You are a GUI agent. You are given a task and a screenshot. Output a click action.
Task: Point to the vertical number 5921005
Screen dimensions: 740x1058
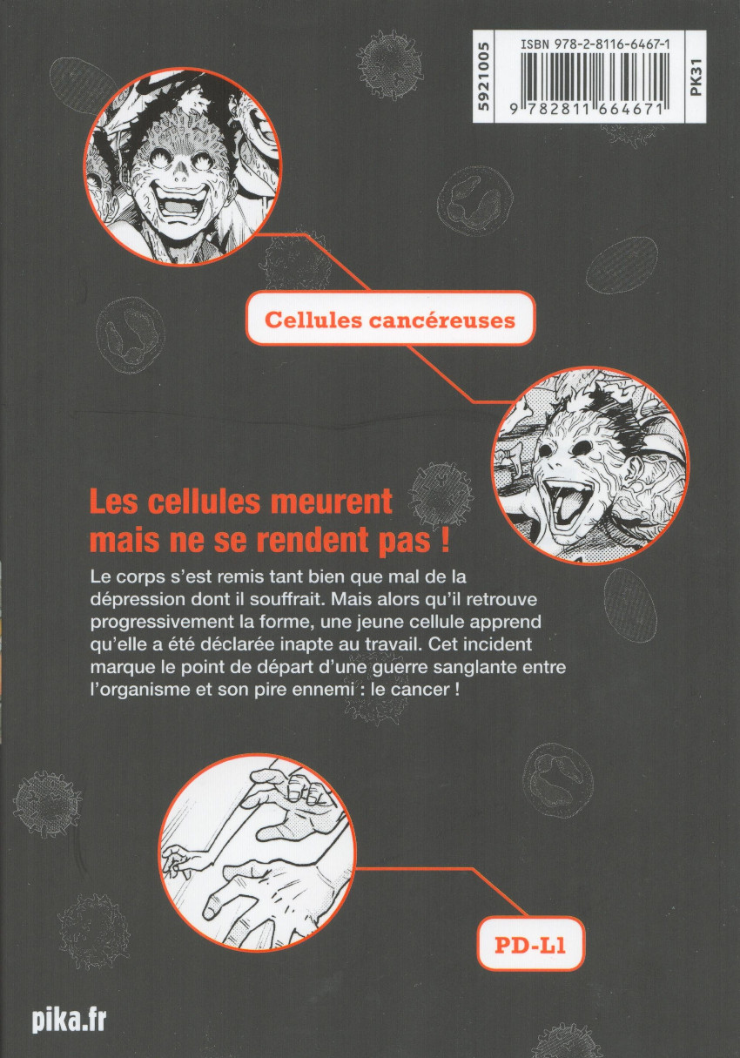pos(483,76)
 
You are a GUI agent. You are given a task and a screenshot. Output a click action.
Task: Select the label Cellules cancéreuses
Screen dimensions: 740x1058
pos(390,320)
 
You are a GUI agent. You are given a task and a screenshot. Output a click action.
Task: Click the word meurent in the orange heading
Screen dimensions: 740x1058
pos(327,502)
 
